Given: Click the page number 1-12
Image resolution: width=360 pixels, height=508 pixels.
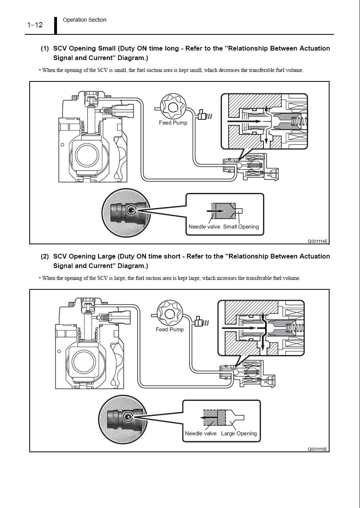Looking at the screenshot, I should pos(35,25).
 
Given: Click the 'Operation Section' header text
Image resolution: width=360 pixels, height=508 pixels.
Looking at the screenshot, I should pos(84,20).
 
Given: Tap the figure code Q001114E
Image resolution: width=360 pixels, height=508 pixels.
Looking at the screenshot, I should pos(318,241).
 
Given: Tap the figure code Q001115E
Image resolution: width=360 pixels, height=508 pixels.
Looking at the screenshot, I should pos(318,449).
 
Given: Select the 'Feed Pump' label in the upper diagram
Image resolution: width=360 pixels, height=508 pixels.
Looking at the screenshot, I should pos(173,123).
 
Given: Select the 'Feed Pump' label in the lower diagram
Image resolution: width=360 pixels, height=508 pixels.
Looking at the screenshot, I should pos(170,329).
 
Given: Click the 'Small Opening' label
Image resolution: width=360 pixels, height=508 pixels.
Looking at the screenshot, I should pos(241,227).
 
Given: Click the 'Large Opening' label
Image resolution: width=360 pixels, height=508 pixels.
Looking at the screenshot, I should pos(239,434).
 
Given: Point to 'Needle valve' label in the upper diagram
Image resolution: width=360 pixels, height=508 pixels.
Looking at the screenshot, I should pos(204,227).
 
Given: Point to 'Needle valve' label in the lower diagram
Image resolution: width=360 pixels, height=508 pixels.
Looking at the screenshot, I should pos(201,434).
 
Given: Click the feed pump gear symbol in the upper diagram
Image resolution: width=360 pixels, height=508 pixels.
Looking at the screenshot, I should pos(173,106).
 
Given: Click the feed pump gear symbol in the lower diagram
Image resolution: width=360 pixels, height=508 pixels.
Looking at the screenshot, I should pos(170,313).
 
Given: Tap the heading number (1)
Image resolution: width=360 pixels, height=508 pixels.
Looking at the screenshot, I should pos(45,49).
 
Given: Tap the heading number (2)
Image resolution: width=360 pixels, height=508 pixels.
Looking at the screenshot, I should pos(45,257).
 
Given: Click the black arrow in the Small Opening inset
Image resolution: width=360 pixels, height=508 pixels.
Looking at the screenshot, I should pos(216,211).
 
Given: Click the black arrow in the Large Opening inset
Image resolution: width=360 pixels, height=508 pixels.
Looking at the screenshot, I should pos(208,417).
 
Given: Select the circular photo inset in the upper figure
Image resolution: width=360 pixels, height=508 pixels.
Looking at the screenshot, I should pos(126,210).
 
